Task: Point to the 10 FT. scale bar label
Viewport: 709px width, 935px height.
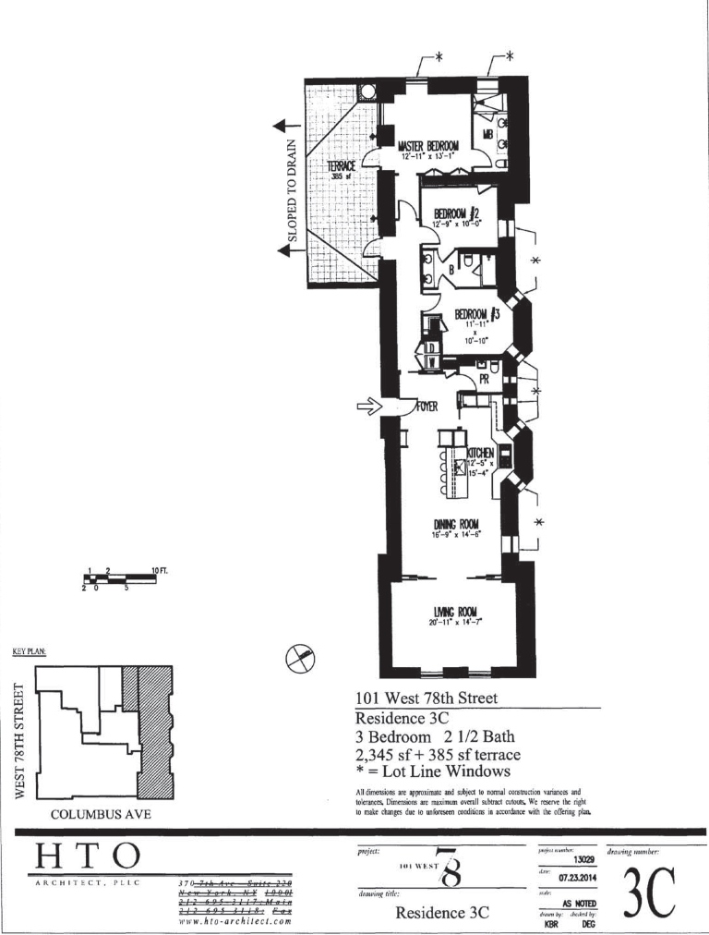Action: tap(159, 571)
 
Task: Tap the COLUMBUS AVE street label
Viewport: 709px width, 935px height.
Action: tap(102, 814)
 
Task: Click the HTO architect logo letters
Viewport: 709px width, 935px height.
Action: tap(88, 856)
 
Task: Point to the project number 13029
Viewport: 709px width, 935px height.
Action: tap(583, 860)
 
